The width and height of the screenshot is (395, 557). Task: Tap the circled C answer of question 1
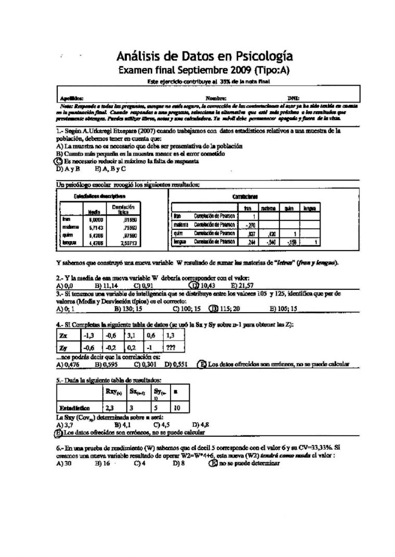point(58,161)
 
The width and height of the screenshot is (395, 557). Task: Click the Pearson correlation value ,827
point(253,233)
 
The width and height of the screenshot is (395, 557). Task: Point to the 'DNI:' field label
point(293,98)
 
